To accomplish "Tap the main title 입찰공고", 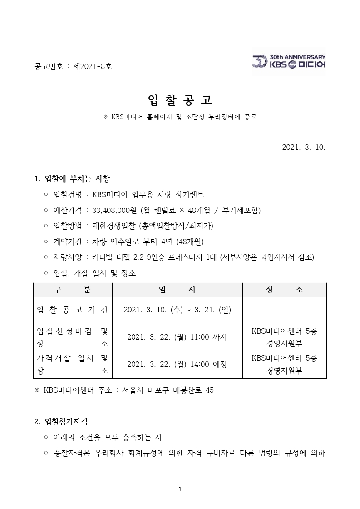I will point(180,100).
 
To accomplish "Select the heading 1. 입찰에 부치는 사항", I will point(72,178).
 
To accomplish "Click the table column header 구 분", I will point(73,290).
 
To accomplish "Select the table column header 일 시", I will point(178,290).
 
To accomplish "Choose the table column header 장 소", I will point(285,290).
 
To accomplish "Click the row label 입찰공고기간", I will point(73,310).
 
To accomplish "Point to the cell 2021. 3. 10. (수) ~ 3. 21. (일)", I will point(178,310).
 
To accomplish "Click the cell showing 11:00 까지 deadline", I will point(178,337).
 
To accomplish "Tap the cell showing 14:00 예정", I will point(178,364).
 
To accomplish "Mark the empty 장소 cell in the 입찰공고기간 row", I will point(285,310).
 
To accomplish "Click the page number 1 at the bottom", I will point(180,489).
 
